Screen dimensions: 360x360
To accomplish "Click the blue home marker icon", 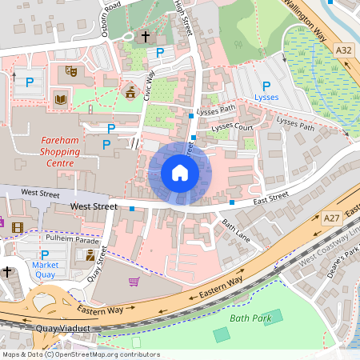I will tap(180, 173).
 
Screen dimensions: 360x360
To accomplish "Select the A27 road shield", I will tap(333, 217).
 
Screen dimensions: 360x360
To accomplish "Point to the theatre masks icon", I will tap(70, 71).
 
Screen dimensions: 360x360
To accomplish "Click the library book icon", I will tap(60, 99).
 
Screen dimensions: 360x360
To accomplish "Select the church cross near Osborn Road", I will tap(146, 37).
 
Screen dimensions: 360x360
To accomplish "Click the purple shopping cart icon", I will tap(134, 282).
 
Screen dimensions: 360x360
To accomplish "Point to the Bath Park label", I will tap(251, 318).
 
